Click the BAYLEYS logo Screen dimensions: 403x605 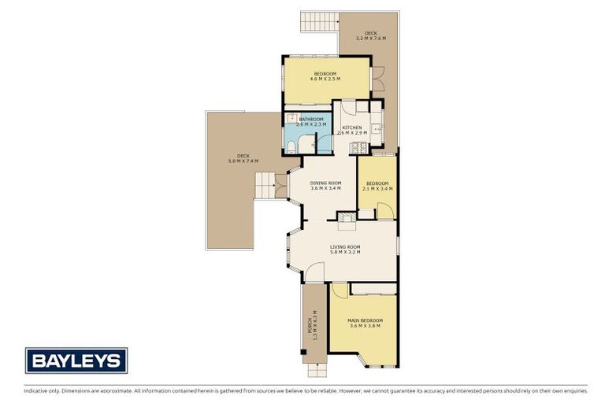(76, 360)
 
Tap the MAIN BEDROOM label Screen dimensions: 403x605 (365, 320)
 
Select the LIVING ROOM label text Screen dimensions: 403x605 (345, 246)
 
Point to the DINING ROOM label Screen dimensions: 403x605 (325, 183)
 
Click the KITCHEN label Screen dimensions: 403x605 (351, 128)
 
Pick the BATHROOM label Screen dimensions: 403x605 (310, 119)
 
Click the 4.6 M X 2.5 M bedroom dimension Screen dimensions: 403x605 (325, 79)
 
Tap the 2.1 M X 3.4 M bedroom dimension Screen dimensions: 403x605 (377, 189)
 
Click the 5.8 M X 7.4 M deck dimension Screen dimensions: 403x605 (243, 161)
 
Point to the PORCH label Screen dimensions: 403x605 (309, 324)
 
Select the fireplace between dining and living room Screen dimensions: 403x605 (347, 218)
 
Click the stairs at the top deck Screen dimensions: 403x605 (319, 21)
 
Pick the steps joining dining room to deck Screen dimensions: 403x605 (267, 187)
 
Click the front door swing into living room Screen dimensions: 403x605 (314, 272)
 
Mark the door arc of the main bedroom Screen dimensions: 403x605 (340, 290)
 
